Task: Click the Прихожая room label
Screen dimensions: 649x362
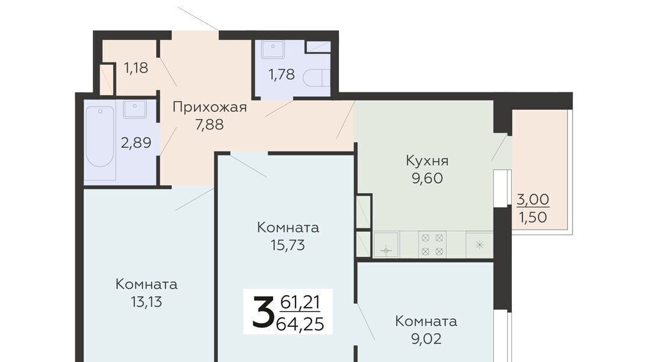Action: tap(209, 108)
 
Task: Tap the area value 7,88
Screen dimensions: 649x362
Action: tap(209, 124)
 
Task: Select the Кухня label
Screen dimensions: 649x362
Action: tap(427, 161)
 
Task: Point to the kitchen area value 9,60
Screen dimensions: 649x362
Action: tap(427, 178)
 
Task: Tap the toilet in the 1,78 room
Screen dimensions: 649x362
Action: tap(317, 78)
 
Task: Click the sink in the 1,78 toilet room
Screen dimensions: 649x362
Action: tap(272, 49)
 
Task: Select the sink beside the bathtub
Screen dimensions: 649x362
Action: tap(135, 109)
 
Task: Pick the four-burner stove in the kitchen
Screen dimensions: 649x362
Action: tap(432, 245)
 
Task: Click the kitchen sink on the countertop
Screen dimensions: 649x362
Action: tap(386, 245)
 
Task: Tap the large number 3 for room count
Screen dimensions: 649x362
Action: tap(263, 312)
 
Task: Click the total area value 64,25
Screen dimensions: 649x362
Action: tap(300, 324)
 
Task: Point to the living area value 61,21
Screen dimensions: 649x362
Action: tap(301, 303)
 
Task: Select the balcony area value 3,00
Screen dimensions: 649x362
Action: tap(533, 199)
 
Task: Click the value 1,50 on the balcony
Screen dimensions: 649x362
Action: tap(533, 217)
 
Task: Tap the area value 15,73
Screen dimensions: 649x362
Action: tap(288, 245)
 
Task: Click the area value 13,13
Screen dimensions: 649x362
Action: tap(147, 302)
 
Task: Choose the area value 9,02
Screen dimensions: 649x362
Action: tap(426, 339)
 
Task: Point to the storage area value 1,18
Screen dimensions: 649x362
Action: tap(136, 68)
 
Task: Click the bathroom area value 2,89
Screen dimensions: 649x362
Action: tap(136, 143)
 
